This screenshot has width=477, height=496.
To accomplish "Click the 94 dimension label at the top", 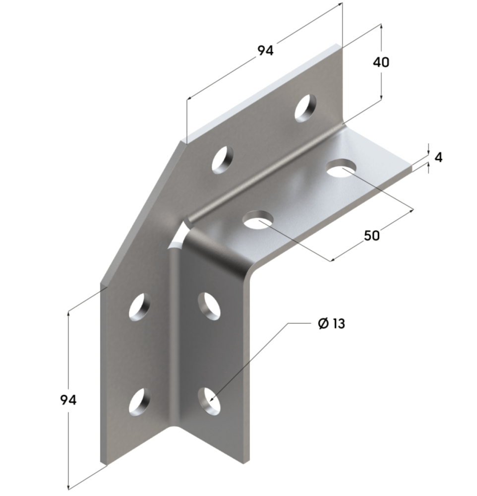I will pos(265,50).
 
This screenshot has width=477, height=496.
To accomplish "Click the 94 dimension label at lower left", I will pos(68,400).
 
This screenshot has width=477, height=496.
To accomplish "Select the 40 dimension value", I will pos(381,62).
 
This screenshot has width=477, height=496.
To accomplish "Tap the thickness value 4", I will pos(438,158).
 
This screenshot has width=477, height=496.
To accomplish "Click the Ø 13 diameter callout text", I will pos(331,324).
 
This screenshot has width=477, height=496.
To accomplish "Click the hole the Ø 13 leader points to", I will pos(209,399).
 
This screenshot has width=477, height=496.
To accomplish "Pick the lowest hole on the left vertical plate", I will pos(139,401).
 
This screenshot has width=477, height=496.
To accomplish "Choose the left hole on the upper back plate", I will pos(223,159).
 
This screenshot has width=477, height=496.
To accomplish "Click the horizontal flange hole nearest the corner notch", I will pos(258,220).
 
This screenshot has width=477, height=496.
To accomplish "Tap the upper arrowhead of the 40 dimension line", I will pos(381,26).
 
